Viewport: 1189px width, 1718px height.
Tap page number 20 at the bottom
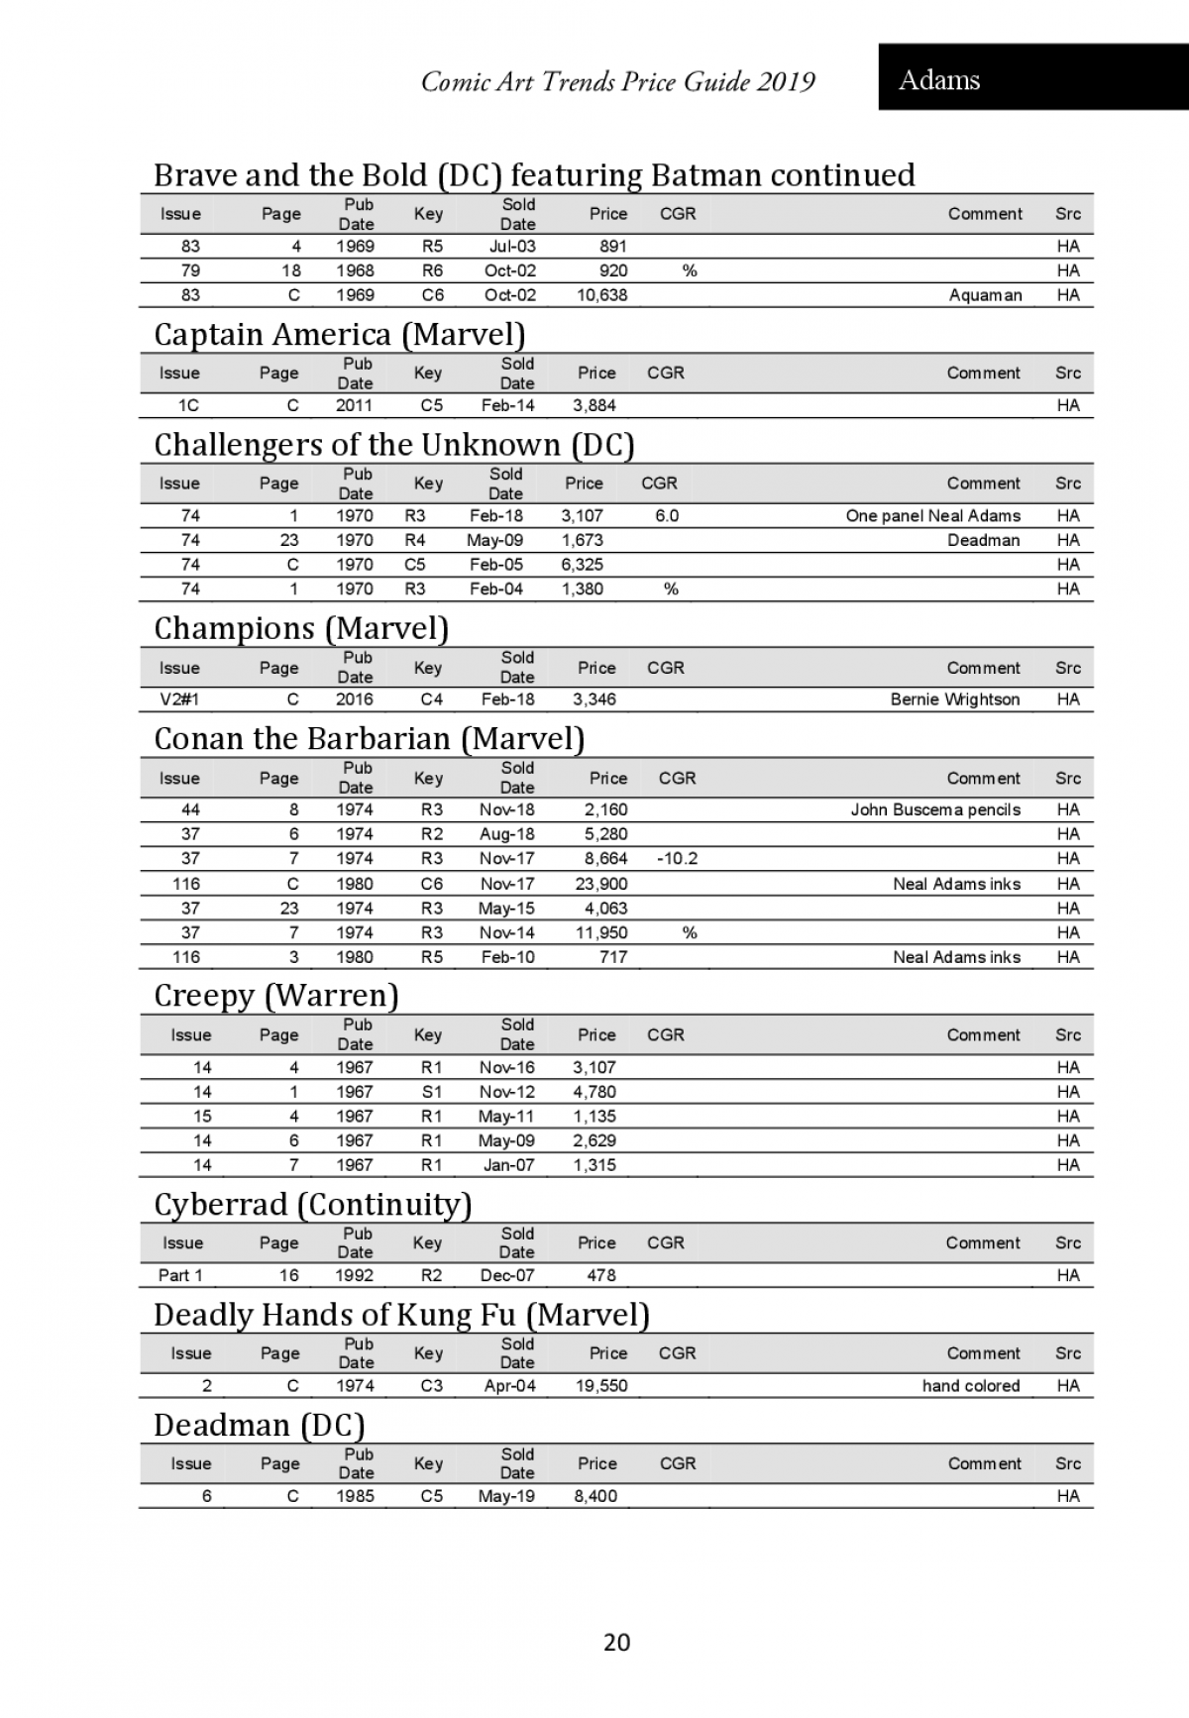coord(616,1643)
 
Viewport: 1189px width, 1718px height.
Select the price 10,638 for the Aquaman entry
coord(601,295)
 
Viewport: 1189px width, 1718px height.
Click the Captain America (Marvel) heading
coord(339,335)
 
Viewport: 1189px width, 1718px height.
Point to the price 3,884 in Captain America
coord(594,405)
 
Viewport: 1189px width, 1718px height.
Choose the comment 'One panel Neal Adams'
coord(932,516)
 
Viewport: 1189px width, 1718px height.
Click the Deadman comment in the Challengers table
coord(983,540)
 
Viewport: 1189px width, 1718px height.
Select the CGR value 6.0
coord(667,516)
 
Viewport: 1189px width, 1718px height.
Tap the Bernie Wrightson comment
coord(954,699)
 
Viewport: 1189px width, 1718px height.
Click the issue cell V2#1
coord(179,699)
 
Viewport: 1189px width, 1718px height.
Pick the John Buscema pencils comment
coord(934,810)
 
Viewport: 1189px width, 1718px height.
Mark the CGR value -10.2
coord(677,859)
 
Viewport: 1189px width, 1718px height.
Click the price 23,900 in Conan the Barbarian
coord(601,884)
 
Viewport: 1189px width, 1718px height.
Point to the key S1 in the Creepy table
coord(432,1092)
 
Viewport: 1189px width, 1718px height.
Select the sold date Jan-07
coord(508,1165)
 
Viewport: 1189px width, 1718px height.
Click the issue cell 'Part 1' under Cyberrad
coord(180,1275)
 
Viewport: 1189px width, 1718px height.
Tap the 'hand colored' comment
coord(970,1386)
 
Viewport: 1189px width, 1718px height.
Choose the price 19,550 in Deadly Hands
coord(601,1386)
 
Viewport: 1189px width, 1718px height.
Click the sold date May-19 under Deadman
coord(506,1496)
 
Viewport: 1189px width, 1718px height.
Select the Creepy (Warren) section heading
coord(275,996)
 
